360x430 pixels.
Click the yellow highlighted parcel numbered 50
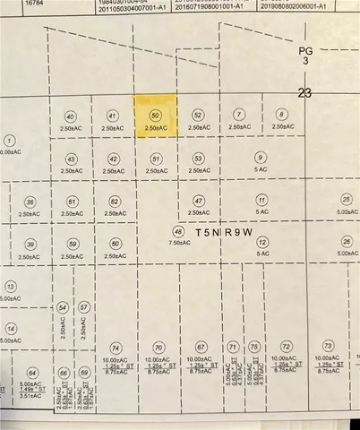coord(156,117)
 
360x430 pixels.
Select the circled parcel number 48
coord(177,230)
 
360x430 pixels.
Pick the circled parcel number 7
coord(238,115)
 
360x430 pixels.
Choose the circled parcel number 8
coord(281,115)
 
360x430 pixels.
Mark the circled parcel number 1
coord(10,141)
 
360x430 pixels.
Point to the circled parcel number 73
coord(329,346)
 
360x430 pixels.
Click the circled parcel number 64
coord(33,373)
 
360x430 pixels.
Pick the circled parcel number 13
coord(10,286)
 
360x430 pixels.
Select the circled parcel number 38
coord(30,202)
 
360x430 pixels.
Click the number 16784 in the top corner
coord(12,4)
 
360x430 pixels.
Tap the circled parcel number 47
coord(198,202)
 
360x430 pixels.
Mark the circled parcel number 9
coord(261,158)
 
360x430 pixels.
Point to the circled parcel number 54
coord(63,307)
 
